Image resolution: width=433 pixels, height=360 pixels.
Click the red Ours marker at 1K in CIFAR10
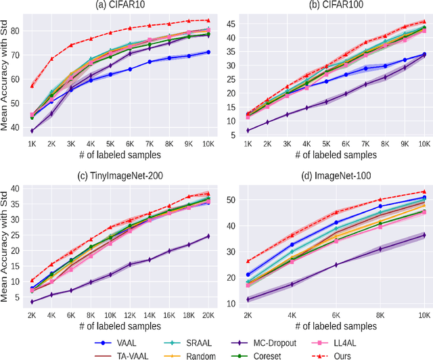tap(32, 86)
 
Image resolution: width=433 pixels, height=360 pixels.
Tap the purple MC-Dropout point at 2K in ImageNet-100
tap(248, 299)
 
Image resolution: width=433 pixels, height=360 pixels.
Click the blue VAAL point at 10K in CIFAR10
tap(208, 52)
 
